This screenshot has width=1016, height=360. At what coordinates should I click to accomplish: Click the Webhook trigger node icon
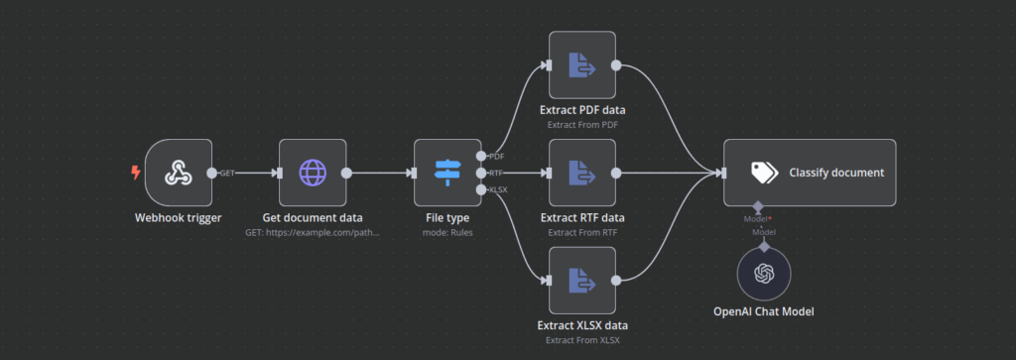click(x=179, y=173)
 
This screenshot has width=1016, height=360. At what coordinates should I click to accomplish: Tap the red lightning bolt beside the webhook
click(x=136, y=173)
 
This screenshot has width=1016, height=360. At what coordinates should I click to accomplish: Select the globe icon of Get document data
click(x=313, y=173)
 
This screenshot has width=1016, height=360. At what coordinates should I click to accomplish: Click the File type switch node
click(x=447, y=173)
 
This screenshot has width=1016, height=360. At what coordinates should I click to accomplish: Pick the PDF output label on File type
click(x=497, y=157)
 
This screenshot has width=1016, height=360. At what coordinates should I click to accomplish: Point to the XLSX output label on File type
click(x=499, y=188)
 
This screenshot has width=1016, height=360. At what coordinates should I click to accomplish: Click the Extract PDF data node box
click(x=582, y=65)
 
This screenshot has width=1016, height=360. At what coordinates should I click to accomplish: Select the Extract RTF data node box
click(x=582, y=173)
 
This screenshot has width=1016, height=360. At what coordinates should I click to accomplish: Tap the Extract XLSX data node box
click(x=582, y=281)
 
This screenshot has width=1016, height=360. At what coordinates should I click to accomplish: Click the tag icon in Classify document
click(x=763, y=173)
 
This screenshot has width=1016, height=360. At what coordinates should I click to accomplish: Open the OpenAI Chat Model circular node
click(x=763, y=274)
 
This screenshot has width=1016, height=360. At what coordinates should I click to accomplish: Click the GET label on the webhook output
click(x=227, y=174)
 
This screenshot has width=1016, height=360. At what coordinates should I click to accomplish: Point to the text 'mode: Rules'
click(x=447, y=234)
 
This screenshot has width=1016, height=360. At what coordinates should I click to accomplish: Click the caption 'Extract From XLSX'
click(x=582, y=341)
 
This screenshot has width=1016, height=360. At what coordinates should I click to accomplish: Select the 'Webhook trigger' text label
click(x=179, y=218)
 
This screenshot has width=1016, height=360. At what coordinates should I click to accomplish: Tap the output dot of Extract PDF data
click(x=616, y=65)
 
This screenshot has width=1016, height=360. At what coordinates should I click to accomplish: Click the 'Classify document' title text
click(x=836, y=173)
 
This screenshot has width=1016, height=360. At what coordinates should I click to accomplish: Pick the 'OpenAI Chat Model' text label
click(x=763, y=312)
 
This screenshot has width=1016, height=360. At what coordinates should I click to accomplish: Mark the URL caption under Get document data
click(x=313, y=234)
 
